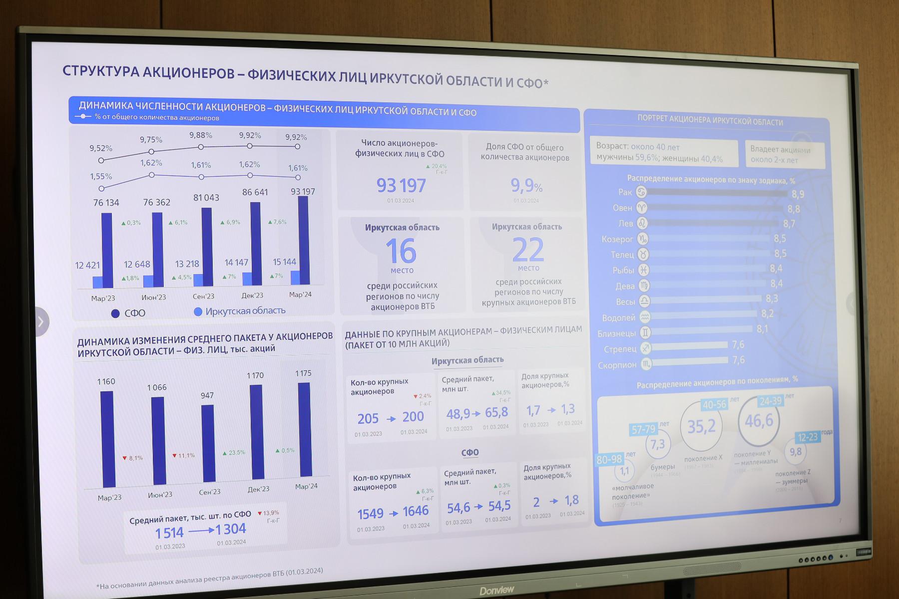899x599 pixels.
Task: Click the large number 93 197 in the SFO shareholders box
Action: click(401, 186)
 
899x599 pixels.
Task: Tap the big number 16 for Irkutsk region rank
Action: click(401, 251)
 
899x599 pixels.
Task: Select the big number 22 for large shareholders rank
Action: click(528, 250)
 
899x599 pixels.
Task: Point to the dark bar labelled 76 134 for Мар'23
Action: click(107, 250)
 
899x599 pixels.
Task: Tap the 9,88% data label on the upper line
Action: click(201, 135)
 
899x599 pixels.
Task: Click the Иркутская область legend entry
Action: click(240, 311)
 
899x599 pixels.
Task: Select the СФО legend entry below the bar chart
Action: click(128, 313)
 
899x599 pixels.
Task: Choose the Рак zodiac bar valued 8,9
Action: click(717, 193)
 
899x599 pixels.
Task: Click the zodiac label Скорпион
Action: click(617, 365)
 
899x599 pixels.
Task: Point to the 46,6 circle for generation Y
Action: click(759, 421)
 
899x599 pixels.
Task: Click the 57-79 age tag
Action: click(643, 429)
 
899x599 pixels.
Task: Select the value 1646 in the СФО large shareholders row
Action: click(416, 511)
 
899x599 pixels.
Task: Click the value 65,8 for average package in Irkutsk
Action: click(496, 412)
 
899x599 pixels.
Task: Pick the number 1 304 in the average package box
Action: click(231, 529)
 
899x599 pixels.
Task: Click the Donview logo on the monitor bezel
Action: click(496, 591)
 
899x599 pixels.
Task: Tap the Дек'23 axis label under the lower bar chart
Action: click(258, 489)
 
